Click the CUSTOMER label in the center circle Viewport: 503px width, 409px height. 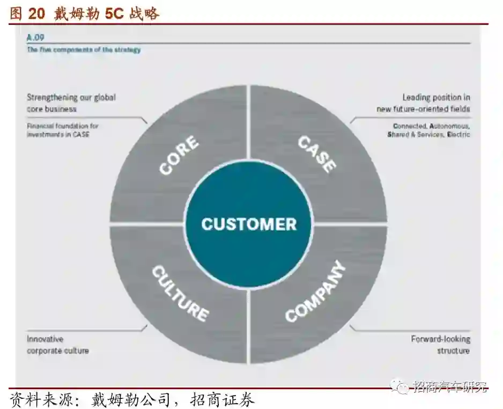(249, 224)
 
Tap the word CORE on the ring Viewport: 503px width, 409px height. (179, 156)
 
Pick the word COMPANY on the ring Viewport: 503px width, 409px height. (315, 293)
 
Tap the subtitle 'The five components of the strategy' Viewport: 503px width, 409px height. (84, 50)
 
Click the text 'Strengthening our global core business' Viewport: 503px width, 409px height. (71, 103)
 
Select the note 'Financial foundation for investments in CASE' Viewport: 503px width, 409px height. (63, 130)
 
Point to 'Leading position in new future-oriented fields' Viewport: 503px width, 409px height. (423, 103)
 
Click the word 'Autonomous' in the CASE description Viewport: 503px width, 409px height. (449, 126)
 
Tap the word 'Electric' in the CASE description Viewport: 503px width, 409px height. (458, 134)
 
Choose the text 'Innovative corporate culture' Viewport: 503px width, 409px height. (58, 345)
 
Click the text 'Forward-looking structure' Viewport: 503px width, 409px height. (441, 345)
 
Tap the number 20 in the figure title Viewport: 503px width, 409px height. (36, 14)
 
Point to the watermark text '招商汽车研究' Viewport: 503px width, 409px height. (450, 386)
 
